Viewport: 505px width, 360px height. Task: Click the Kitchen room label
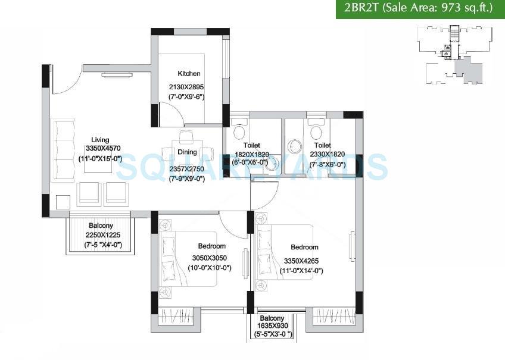[189, 74]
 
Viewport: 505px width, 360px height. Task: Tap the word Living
[92, 140]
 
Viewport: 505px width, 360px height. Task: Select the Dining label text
[187, 152]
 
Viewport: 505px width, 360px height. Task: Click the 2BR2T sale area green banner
[420, 9]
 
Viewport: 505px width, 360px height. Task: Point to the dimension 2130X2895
[186, 87]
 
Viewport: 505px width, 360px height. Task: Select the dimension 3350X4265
[304, 261]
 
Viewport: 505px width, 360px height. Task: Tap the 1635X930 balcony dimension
[271, 327]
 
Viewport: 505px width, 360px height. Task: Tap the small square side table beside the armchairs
[63, 202]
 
